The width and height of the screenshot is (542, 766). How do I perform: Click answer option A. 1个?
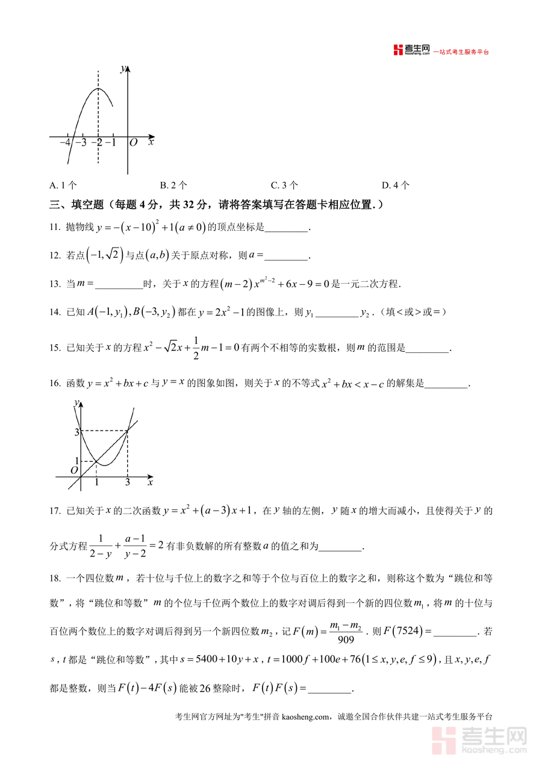(63, 185)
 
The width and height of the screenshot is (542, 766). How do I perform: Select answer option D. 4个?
(396, 185)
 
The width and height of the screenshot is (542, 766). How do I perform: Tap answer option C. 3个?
(284, 185)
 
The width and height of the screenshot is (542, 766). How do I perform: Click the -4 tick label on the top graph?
(65, 143)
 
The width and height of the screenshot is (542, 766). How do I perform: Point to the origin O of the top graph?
(134, 143)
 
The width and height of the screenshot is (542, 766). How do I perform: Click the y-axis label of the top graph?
(123, 69)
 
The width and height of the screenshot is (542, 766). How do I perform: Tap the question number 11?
(55, 228)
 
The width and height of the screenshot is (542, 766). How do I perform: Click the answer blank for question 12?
(286, 255)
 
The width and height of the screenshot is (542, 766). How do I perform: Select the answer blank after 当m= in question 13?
(117, 284)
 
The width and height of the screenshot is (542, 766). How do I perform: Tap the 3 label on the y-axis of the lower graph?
(76, 431)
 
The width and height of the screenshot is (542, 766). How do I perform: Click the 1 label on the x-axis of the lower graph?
(97, 483)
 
